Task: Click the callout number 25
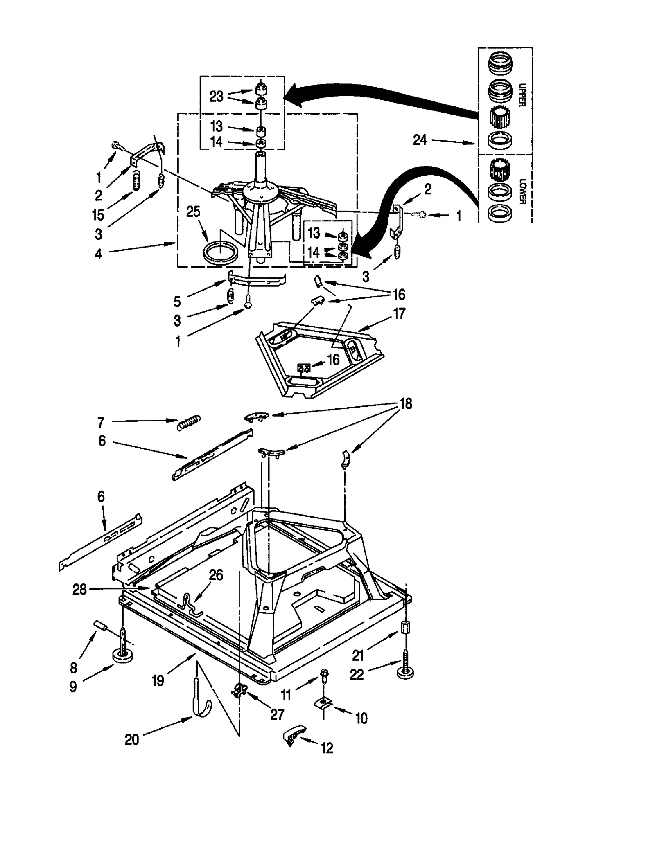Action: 193,212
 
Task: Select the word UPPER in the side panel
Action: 522,95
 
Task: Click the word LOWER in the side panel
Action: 522,191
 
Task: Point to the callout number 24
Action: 420,140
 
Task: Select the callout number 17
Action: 399,313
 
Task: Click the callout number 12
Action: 327,748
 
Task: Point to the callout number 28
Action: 79,590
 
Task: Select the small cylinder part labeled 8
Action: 101,626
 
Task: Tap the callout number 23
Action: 216,97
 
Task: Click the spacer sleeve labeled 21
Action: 405,628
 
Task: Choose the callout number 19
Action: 158,680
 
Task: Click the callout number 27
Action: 277,714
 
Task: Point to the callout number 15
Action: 98,215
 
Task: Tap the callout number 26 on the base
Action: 216,575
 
